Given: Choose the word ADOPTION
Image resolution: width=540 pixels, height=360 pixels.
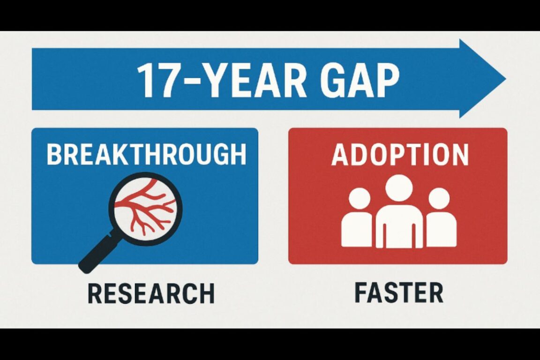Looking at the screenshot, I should [399, 155].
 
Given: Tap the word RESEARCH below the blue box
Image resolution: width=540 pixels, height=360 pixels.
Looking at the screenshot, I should [151, 293].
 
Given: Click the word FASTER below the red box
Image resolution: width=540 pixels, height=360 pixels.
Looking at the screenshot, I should [398, 293].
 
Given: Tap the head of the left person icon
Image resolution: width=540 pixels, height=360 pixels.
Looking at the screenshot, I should [360, 198].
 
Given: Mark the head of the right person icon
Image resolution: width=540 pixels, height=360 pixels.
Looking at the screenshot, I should [439, 198].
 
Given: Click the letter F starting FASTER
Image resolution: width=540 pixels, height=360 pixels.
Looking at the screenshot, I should [361, 293].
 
